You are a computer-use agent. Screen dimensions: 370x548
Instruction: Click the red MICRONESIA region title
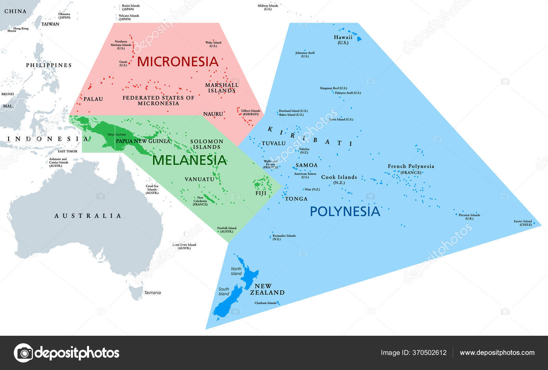click(x=178, y=62)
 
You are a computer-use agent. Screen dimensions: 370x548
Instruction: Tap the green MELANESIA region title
click(x=189, y=160)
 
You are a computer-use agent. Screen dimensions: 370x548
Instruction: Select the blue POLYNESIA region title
click(x=345, y=211)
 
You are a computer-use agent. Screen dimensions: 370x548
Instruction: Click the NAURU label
click(x=213, y=114)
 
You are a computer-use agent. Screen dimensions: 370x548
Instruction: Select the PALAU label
click(x=93, y=99)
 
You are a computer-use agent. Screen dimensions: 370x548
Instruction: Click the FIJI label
click(x=261, y=193)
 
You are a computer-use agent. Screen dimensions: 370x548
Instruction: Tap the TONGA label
click(x=296, y=199)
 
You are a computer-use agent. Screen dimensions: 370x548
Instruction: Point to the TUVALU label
click(x=274, y=144)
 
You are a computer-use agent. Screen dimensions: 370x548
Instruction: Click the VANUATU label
click(x=199, y=179)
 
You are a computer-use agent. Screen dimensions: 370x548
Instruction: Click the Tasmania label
click(x=152, y=293)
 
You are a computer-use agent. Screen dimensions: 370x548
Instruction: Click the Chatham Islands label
click(x=265, y=303)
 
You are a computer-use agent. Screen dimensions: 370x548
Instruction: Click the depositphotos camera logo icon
click(x=23, y=353)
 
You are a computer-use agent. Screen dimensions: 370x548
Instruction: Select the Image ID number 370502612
click(x=430, y=353)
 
